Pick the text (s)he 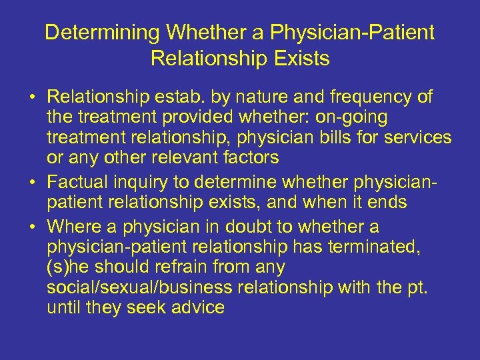(68, 268)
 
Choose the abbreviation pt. (417, 289)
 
